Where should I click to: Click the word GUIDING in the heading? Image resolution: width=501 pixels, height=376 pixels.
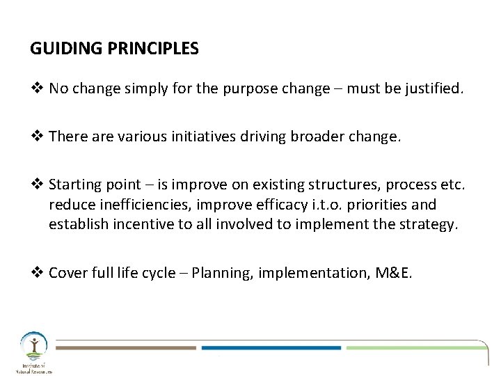point(59,49)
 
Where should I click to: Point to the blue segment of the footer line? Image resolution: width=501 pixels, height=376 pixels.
point(271,346)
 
